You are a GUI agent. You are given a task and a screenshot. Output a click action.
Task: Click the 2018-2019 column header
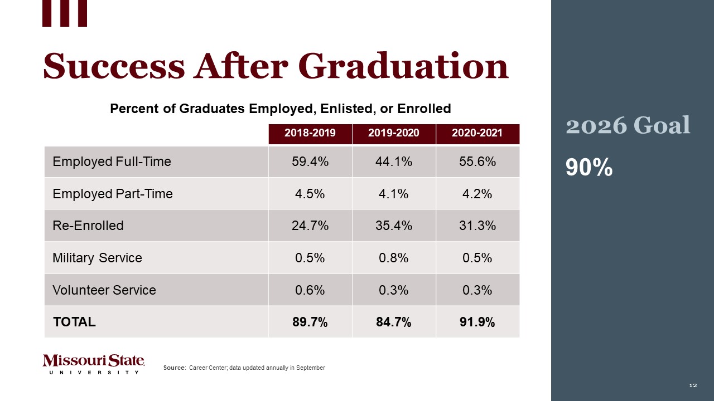(x=310, y=134)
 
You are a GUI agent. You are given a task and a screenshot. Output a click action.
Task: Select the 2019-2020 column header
(x=394, y=134)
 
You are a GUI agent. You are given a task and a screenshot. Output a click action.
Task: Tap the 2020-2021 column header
(x=477, y=134)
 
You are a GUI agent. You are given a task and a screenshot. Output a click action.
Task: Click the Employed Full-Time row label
(x=112, y=162)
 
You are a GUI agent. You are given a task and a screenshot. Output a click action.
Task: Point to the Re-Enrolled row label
(x=88, y=226)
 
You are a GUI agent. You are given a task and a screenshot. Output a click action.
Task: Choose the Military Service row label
(x=97, y=258)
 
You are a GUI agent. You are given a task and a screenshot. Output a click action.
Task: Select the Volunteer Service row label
(x=104, y=290)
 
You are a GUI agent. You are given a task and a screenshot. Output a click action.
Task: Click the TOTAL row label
(x=74, y=322)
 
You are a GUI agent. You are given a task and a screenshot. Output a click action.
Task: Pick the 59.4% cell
(x=310, y=162)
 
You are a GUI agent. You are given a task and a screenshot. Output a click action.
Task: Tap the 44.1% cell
(x=394, y=162)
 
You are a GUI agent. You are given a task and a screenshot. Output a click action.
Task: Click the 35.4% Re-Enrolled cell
(x=394, y=226)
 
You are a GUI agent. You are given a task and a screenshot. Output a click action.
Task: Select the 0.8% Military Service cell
(x=394, y=258)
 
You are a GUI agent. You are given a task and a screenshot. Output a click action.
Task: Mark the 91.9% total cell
(x=477, y=322)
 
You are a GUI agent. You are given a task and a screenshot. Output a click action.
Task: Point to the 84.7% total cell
(x=394, y=322)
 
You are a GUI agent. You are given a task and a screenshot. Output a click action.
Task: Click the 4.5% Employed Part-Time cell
(x=310, y=194)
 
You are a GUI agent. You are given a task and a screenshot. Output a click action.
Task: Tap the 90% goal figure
(x=589, y=167)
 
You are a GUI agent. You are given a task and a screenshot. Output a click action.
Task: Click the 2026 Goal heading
(x=628, y=125)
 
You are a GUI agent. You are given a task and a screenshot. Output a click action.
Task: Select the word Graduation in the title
(x=407, y=66)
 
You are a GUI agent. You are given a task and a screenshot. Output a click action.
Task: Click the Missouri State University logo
(x=94, y=364)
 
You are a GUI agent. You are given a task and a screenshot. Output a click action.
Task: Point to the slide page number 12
(x=693, y=385)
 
